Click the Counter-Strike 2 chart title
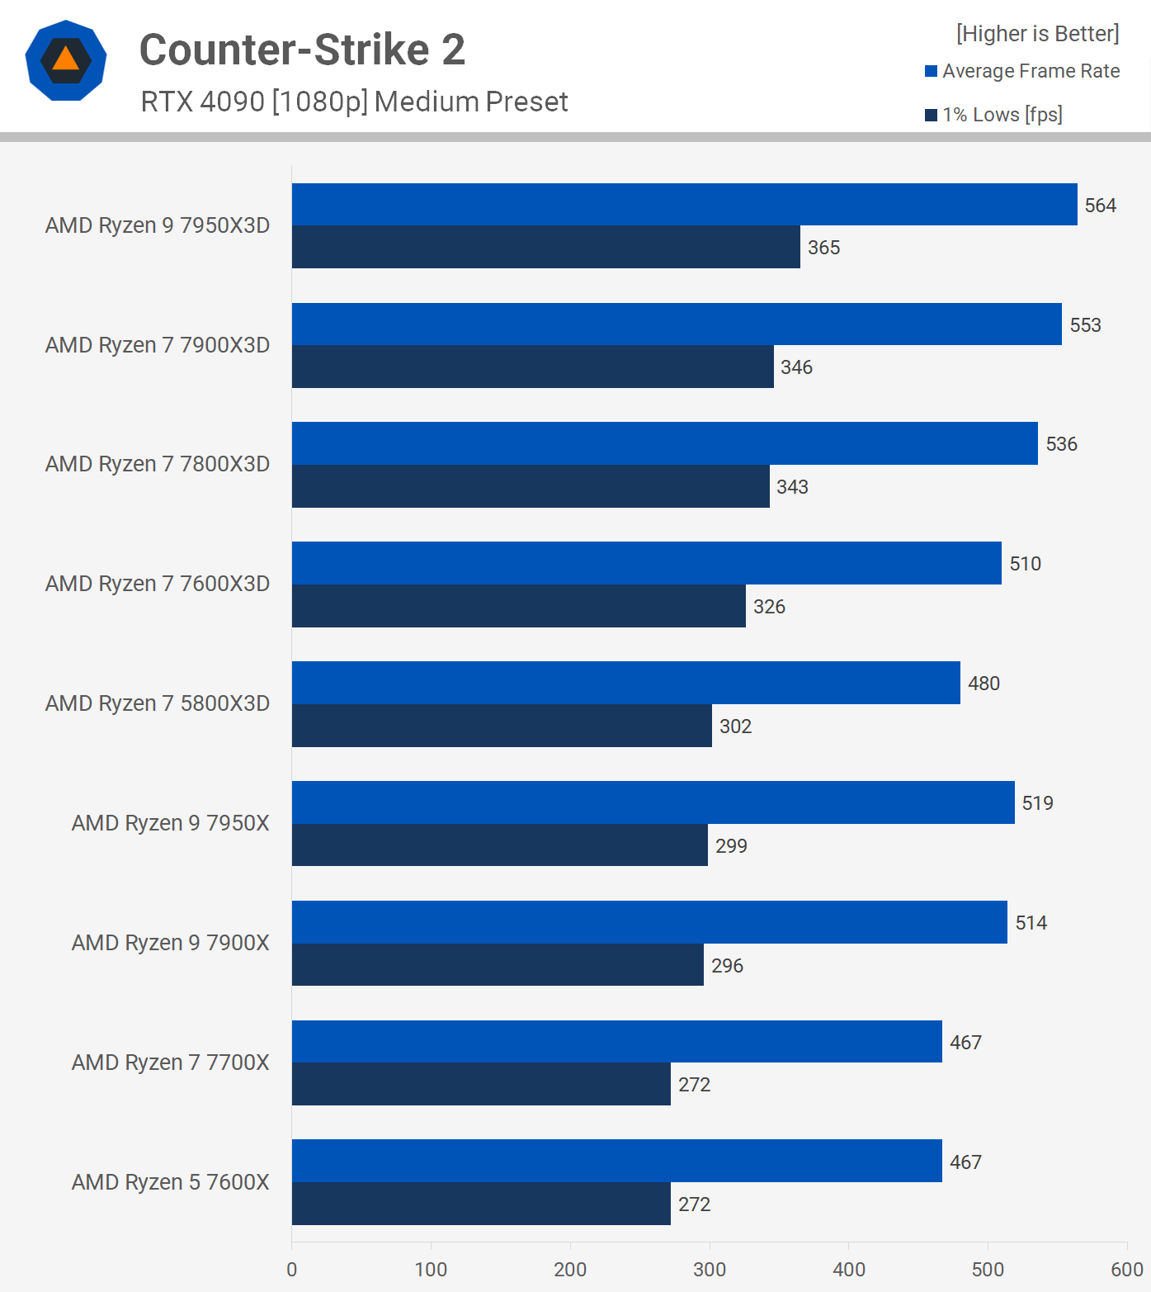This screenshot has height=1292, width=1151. click(x=302, y=50)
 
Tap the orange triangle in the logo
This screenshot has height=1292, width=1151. click(x=66, y=59)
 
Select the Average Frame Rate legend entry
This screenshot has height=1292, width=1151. click(x=1022, y=71)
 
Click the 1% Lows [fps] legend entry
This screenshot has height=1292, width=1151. click(x=993, y=115)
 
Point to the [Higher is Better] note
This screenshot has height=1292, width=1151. click(x=1037, y=34)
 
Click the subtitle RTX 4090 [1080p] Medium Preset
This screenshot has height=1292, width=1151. click(x=354, y=102)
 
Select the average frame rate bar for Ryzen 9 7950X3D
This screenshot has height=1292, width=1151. click(x=684, y=205)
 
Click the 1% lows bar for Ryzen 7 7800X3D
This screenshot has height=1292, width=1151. click(x=531, y=486)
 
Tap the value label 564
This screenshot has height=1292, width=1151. click(x=1100, y=206)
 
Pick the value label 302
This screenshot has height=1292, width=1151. click(x=735, y=726)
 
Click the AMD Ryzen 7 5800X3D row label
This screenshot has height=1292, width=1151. click(x=158, y=703)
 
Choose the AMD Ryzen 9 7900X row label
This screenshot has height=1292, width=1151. click(x=171, y=943)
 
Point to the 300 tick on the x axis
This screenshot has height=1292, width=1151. click(x=710, y=1270)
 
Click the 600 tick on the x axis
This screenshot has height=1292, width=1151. click(x=1127, y=1270)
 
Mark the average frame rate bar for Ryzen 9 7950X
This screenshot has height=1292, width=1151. click(x=653, y=802)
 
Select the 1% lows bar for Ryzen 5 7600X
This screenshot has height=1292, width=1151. click(x=481, y=1204)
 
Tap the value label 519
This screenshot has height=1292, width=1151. click(x=1037, y=803)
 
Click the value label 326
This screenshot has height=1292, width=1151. click(x=769, y=607)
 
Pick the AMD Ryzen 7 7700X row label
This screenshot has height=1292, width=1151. click(x=171, y=1062)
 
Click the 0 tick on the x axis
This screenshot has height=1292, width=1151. click(x=292, y=1270)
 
